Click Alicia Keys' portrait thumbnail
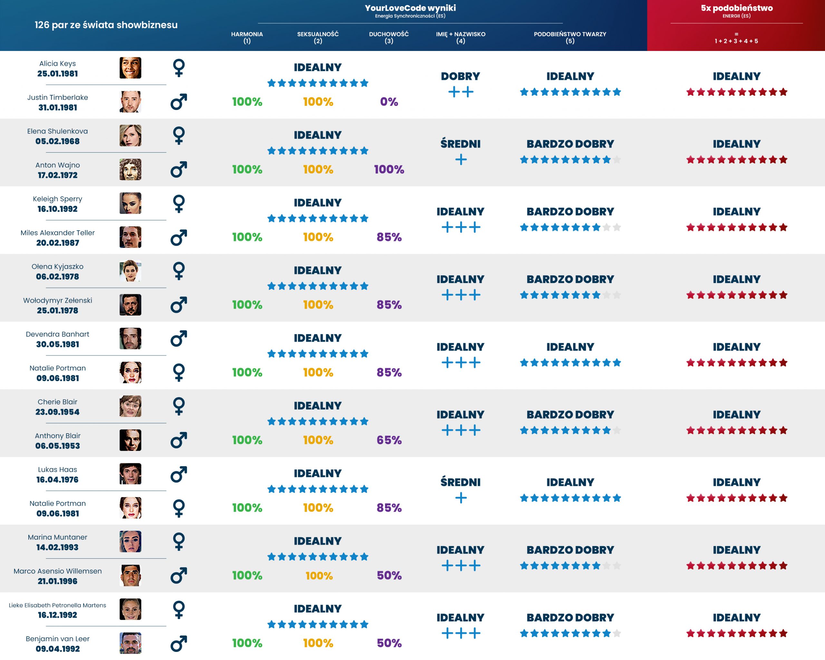tap(130, 68)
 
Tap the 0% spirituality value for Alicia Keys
tap(389, 102)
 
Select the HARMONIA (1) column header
tap(247, 37)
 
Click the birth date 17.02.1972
tap(57, 175)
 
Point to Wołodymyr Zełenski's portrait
tap(130, 305)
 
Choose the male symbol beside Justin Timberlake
tap(179, 102)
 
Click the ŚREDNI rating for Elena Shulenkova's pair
tap(460, 144)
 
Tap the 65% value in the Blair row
tap(389, 440)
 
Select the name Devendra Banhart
tap(57, 334)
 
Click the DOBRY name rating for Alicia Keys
tap(460, 76)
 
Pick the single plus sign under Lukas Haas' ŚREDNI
tap(461, 498)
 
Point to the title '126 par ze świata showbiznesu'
tap(106, 25)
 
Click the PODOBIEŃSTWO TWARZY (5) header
tap(570, 37)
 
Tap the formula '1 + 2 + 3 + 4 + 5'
tap(736, 41)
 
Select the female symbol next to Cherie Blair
tap(179, 406)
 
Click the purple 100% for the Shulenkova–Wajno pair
tap(389, 169)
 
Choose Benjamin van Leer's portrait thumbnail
tap(130, 643)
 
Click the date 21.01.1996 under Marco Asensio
tap(57, 581)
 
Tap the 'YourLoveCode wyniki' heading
tap(410, 8)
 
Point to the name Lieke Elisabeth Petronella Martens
tap(57, 605)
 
